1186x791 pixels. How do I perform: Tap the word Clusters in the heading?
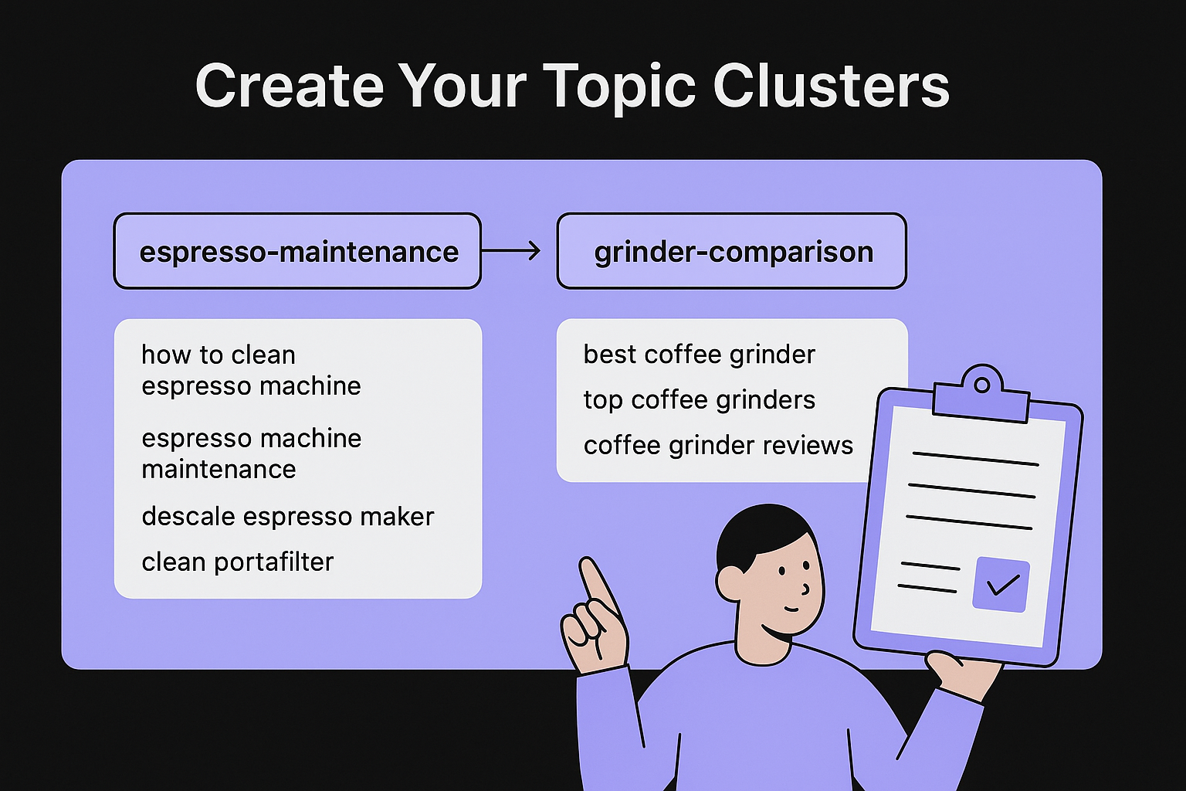pyautogui.click(x=831, y=86)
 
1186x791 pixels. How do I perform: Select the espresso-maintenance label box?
pyautogui.click(x=297, y=252)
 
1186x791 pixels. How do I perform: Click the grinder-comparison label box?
pyautogui.click(x=731, y=252)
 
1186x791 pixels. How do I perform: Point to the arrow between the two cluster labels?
pyautogui.click(x=511, y=250)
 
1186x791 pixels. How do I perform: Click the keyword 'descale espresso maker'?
pyautogui.click(x=288, y=516)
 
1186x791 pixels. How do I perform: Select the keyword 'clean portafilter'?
pyautogui.click(x=238, y=562)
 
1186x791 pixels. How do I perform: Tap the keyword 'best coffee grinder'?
pyautogui.click(x=699, y=355)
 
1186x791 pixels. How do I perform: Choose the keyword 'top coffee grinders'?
pyautogui.click(x=699, y=400)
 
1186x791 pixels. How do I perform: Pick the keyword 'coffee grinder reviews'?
pyautogui.click(x=718, y=446)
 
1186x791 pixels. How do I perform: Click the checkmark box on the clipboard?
pyautogui.click(x=1001, y=584)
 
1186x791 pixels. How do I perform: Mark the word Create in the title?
pyautogui.click(x=289, y=86)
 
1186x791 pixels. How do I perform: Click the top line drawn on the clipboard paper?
pyautogui.click(x=975, y=459)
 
